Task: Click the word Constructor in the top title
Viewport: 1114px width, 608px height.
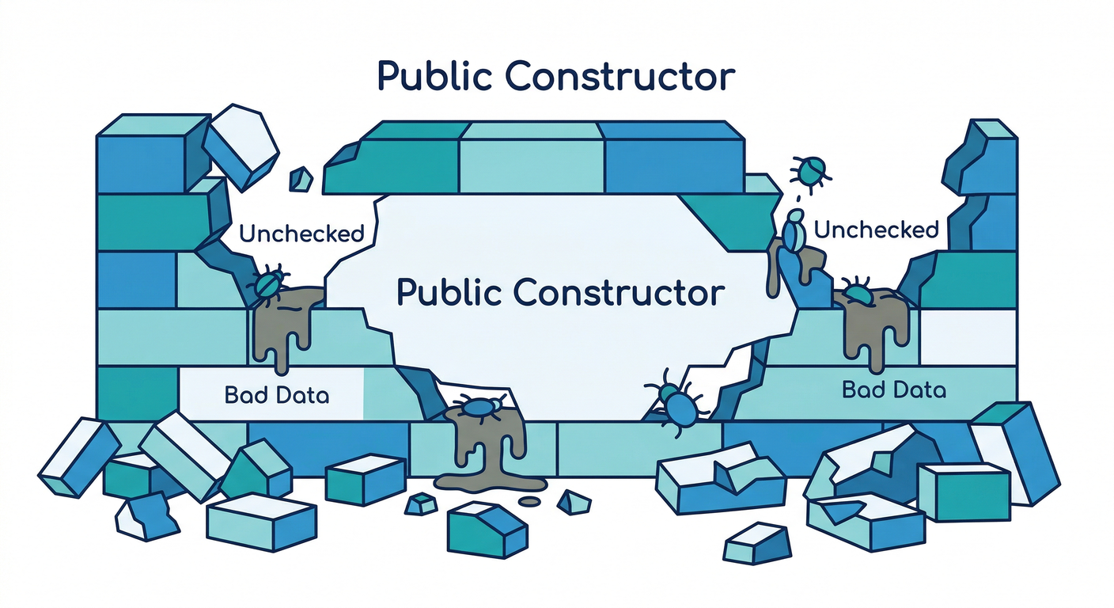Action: pos(620,76)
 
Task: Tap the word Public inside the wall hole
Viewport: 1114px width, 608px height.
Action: pos(449,293)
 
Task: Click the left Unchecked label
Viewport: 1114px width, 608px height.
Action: pos(302,233)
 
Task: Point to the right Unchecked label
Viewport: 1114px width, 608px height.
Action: pos(877,230)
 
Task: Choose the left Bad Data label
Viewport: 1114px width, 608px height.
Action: pos(277,395)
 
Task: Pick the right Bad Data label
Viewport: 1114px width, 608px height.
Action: pos(894,389)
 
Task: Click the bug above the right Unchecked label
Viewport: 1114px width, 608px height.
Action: pos(809,172)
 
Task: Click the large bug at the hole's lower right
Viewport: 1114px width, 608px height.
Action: pos(676,403)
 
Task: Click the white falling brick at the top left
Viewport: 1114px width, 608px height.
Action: pos(241,147)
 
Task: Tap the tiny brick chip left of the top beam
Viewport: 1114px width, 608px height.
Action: pos(301,179)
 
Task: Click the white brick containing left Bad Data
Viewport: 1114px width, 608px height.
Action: pos(271,393)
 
